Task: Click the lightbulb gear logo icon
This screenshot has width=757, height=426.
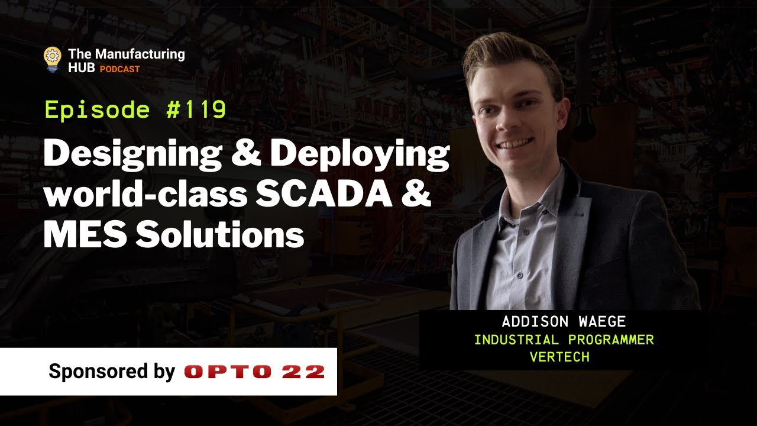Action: click(x=53, y=59)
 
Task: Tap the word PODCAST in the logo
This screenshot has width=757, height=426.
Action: click(x=119, y=69)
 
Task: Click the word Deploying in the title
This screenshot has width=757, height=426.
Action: click(x=360, y=156)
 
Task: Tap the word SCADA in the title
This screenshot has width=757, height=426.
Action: click(x=323, y=195)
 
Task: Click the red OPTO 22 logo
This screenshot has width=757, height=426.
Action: click(x=254, y=372)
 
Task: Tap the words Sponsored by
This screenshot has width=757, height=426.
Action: click(x=112, y=372)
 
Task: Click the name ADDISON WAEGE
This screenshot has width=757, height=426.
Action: click(x=563, y=322)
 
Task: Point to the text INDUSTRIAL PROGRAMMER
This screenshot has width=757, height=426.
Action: click(x=564, y=340)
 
